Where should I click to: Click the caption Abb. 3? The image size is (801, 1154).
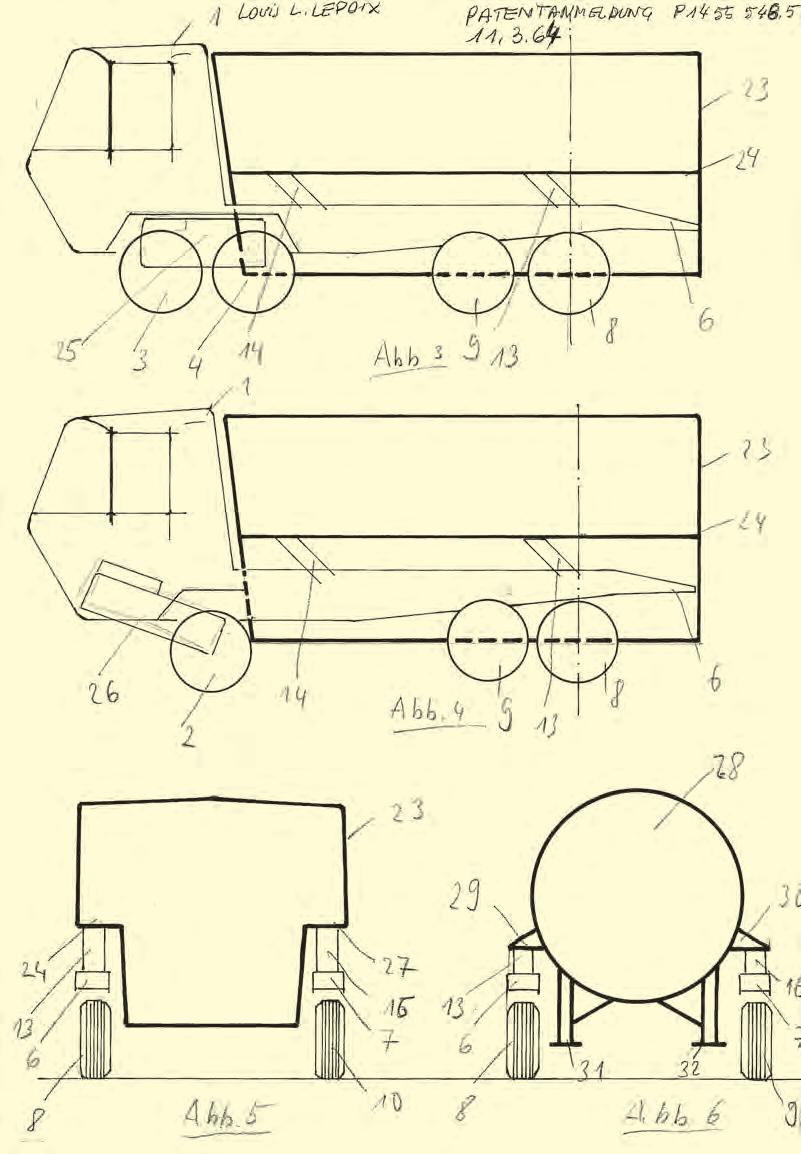(x=409, y=357)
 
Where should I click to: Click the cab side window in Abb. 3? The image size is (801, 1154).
(x=140, y=105)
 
